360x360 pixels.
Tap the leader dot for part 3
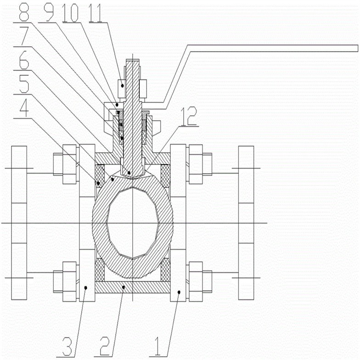[86, 287]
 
